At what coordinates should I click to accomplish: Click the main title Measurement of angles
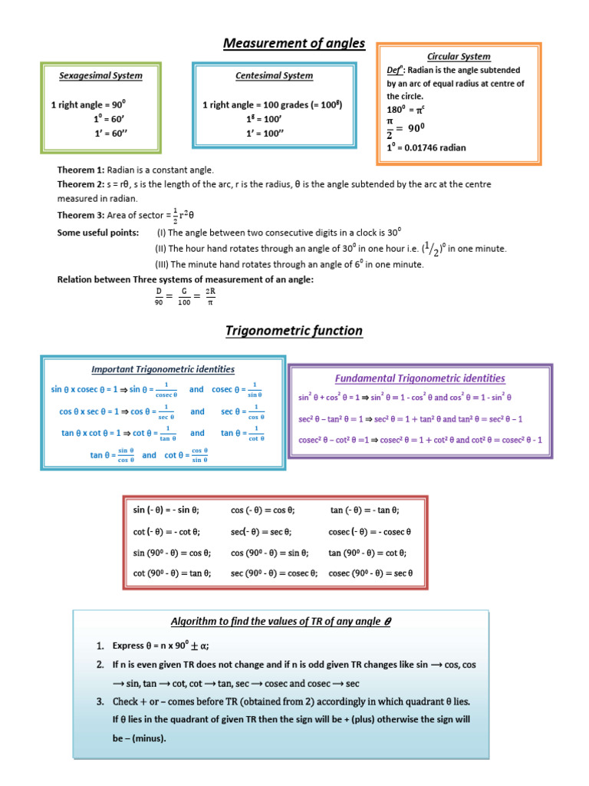point(294,43)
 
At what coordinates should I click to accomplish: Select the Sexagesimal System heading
point(100,76)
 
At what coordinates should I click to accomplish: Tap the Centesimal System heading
point(274,76)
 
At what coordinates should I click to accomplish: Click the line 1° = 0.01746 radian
point(426,147)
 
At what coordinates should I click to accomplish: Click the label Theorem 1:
point(81,170)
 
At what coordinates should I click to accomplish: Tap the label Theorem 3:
point(81,214)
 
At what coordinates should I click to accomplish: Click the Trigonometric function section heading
point(294,332)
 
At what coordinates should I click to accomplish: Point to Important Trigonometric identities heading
point(163,370)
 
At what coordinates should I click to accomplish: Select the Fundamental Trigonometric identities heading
point(420,378)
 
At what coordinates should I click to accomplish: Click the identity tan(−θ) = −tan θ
point(365,510)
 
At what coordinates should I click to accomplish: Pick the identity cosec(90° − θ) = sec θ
point(370,573)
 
